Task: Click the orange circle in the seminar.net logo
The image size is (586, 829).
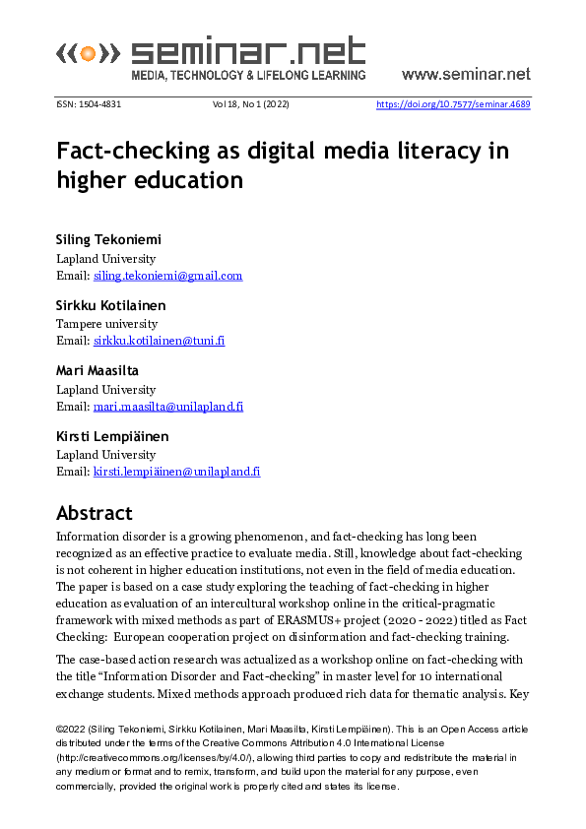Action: coord(89,52)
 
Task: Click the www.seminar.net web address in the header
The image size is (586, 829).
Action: coord(466,74)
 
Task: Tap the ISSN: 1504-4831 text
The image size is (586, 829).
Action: coord(89,104)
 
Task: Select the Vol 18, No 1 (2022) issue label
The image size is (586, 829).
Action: coord(250,104)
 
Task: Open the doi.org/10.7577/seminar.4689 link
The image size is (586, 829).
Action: coord(453,104)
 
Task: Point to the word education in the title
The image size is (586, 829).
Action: coord(193,179)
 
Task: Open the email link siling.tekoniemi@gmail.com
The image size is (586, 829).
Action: coord(167,276)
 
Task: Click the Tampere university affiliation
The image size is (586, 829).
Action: coord(106,323)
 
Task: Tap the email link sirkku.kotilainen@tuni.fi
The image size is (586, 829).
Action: coord(159,341)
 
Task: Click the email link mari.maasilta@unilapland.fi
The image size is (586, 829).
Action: coord(168,406)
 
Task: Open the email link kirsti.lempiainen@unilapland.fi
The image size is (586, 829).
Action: coord(176,472)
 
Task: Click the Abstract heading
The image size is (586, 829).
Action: coord(94,513)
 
